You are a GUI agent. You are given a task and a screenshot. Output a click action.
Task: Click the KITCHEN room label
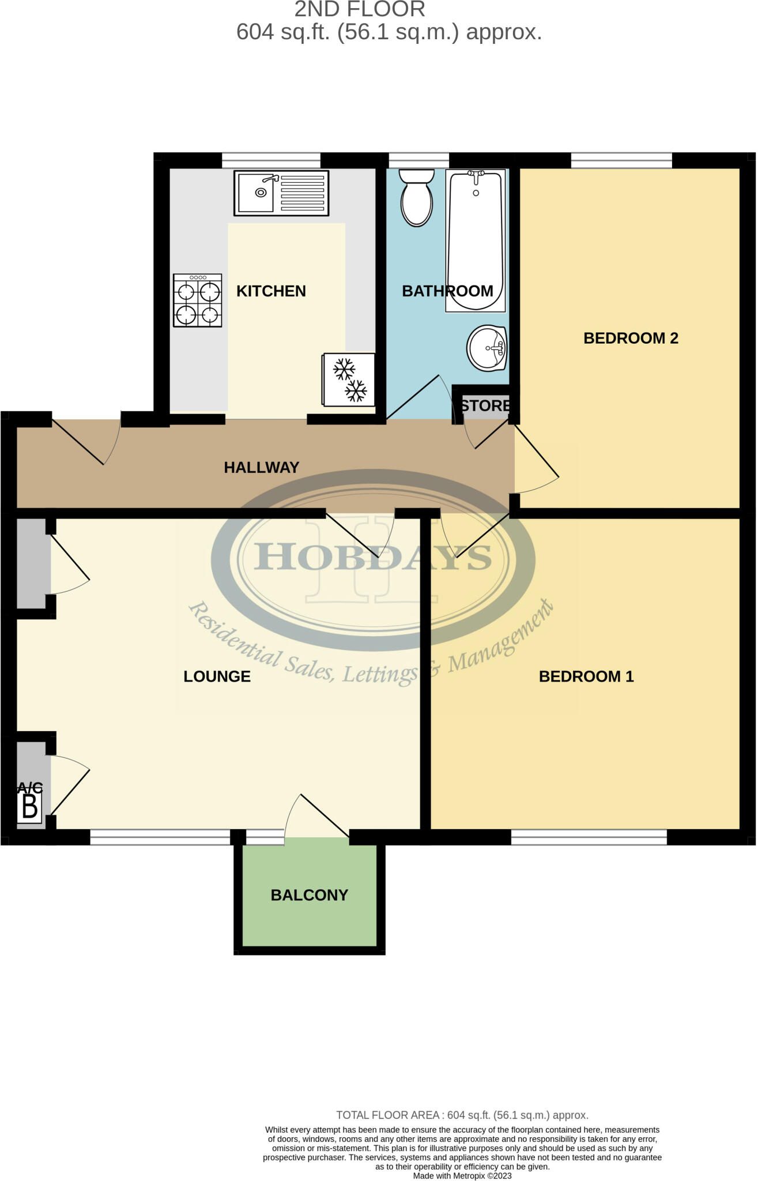(x=271, y=291)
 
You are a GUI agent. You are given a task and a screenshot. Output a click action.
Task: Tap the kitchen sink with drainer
(x=281, y=193)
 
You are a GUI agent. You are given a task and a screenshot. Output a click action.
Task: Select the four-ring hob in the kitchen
(x=198, y=300)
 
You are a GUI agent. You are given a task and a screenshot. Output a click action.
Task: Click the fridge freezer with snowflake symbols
(x=349, y=379)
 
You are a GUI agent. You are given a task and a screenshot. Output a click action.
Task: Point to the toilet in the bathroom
(x=417, y=197)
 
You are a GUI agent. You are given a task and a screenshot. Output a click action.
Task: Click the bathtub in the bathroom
(x=476, y=239)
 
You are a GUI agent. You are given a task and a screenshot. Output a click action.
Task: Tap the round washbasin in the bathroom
(x=487, y=348)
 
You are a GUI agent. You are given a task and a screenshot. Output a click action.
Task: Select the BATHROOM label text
(x=447, y=291)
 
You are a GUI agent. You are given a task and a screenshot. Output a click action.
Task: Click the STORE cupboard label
(x=485, y=405)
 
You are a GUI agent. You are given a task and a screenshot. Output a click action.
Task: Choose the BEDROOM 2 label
(x=631, y=338)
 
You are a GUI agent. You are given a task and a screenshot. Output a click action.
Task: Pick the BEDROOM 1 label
(x=586, y=676)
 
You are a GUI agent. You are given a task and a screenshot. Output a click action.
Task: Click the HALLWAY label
(x=262, y=468)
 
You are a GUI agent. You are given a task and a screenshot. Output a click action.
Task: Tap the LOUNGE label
(x=217, y=676)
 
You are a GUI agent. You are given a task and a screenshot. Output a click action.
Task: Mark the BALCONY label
(x=310, y=895)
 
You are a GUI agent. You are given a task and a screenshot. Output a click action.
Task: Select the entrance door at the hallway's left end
(x=86, y=441)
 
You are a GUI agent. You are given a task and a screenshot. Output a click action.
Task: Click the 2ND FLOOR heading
(x=360, y=9)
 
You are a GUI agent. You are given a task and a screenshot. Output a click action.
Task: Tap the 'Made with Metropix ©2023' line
(x=462, y=1176)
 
